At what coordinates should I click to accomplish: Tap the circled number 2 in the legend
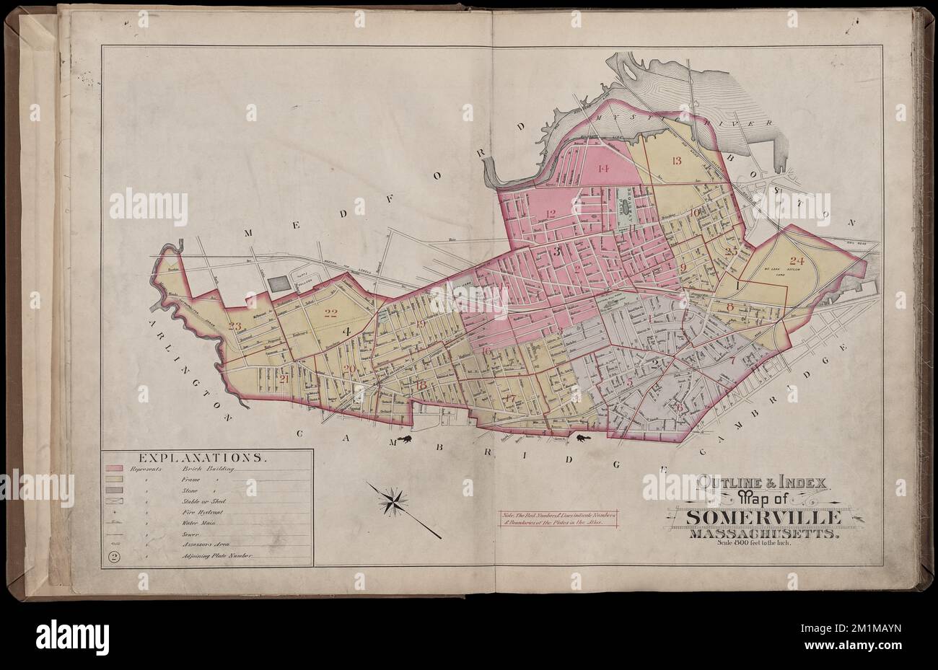[x=114, y=556]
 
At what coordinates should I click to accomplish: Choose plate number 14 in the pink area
[x=603, y=169]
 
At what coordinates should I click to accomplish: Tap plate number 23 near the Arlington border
[x=234, y=325]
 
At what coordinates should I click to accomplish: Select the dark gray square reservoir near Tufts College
[x=277, y=283]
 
